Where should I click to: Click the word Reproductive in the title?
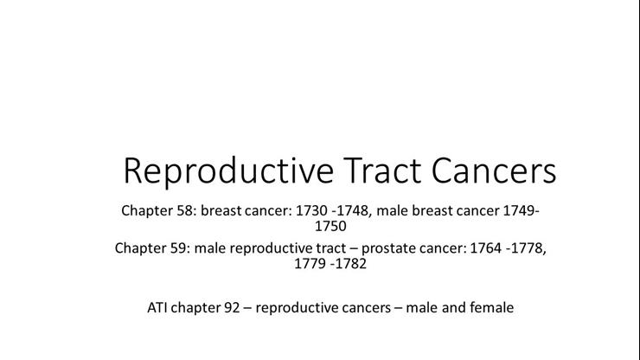(x=227, y=171)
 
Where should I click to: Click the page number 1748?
(x=355, y=210)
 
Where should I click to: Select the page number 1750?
(x=330, y=227)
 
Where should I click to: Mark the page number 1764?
(x=484, y=248)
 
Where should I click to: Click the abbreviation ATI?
(x=159, y=306)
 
